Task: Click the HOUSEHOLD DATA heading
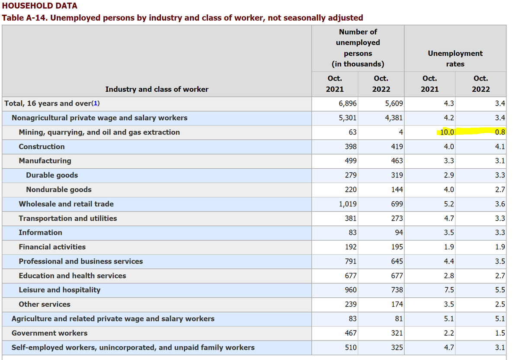(x=40, y=6)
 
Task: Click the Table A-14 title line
(x=183, y=18)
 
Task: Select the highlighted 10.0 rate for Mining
(x=447, y=132)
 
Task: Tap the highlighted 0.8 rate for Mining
(x=500, y=132)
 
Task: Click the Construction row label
(x=42, y=147)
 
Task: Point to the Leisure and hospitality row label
(x=59, y=290)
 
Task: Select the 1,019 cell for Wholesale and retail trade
(x=348, y=204)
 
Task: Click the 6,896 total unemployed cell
(x=348, y=103)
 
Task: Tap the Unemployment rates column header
(x=455, y=58)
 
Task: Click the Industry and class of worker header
(x=157, y=89)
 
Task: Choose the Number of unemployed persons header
(x=358, y=48)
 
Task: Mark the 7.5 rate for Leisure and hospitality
(x=449, y=290)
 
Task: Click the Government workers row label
(x=49, y=333)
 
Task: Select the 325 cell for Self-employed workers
(x=397, y=347)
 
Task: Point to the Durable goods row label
(x=52, y=175)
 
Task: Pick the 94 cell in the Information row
(x=398, y=232)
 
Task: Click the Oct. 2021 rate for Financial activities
(x=449, y=247)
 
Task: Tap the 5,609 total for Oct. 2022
(x=394, y=103)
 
